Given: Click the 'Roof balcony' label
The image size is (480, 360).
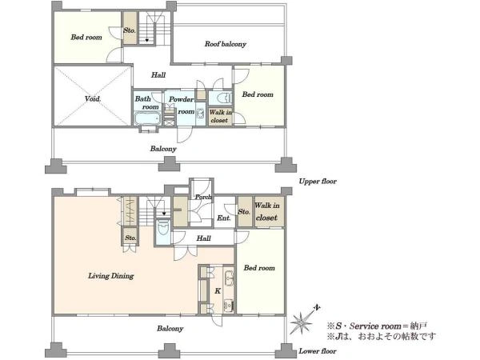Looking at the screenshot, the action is click(226, 44).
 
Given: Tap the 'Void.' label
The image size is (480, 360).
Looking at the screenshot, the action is click(93, 98).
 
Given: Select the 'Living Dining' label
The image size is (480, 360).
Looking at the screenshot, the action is click(111, 276).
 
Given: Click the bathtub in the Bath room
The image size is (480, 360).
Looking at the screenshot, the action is click(147, 118).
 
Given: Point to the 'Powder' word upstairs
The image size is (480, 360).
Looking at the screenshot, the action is click(182, 99).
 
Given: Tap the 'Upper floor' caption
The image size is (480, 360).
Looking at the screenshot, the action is click(318, 182).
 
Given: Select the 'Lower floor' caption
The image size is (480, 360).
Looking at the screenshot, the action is click(318, 351).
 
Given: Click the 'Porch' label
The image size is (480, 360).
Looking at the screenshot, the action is click(203, 197).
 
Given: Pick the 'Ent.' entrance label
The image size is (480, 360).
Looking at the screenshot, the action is click(224, 218).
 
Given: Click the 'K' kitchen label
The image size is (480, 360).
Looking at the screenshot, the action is click(218, 291).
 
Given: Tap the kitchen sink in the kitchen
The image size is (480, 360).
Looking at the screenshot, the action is click(229, 278).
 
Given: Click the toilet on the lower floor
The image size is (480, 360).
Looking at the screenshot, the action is click(162, 227).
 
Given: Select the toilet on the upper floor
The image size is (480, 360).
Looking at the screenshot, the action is click(224, 98).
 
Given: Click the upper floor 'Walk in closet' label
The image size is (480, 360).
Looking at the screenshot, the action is click(221, 116).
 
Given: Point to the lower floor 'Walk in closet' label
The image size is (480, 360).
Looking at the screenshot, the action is click(267, 211).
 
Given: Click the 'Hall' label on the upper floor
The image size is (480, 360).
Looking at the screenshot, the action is click(158, 74).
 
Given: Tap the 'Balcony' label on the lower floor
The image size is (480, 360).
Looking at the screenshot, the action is click(170, 329).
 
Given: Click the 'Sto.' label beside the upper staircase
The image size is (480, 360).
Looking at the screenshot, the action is click(130, 30).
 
